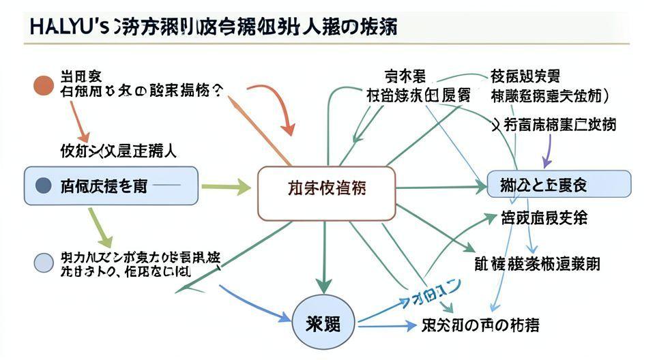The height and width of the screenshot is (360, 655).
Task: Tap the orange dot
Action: [x=43, y=85]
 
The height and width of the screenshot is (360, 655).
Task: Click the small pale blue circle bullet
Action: [x=43, y=262]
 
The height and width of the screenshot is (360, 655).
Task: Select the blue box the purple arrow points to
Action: [x=559, y=184]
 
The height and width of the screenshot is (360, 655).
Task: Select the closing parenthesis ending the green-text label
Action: [x=606, y=95]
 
